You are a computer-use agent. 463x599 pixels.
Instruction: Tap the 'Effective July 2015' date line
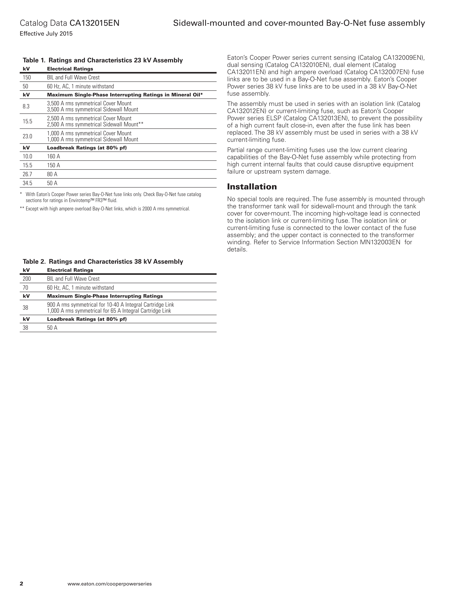point(46,34)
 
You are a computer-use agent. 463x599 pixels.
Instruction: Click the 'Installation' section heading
point(252,187)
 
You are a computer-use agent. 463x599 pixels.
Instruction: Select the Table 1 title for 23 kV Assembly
point(103,60)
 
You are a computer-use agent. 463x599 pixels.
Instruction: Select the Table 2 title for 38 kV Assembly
point(103,262)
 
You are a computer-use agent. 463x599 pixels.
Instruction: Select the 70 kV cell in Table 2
point(26,288)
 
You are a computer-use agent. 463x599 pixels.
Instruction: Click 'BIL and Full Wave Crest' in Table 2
point(73,279)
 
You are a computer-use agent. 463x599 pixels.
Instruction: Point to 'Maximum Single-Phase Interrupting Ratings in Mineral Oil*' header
point(125,95)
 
